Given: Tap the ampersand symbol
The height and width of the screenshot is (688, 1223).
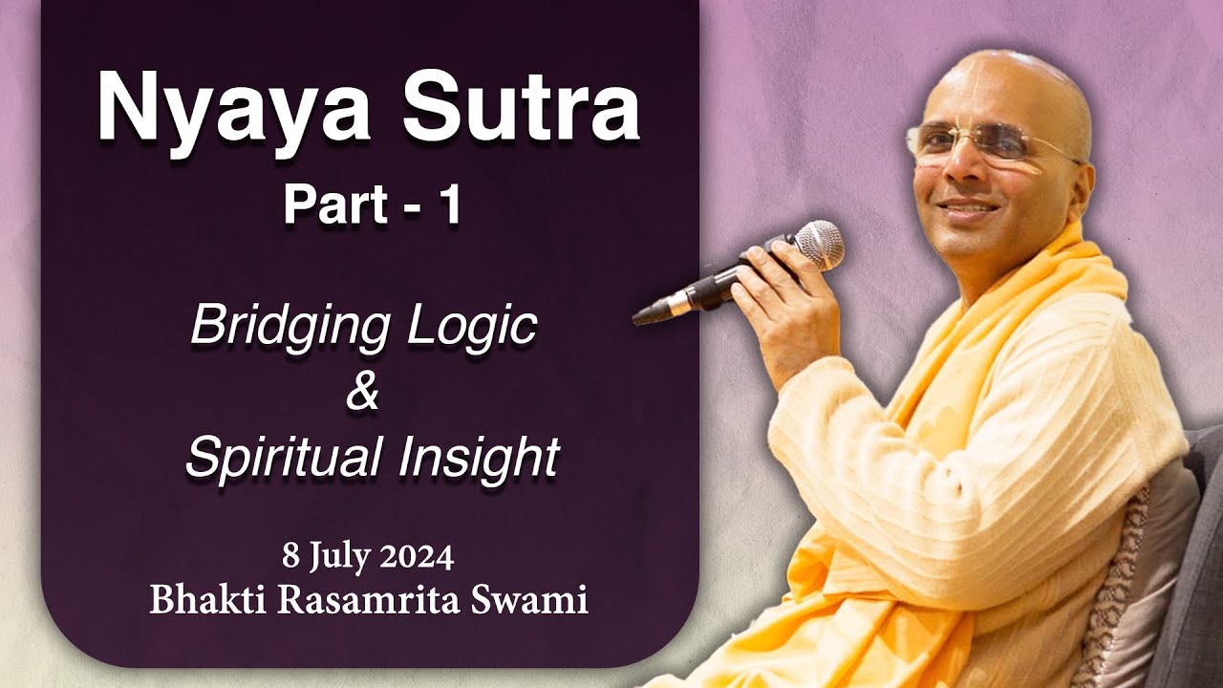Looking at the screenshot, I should click(363, 394).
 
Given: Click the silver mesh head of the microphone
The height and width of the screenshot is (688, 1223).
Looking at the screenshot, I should click(819, 243).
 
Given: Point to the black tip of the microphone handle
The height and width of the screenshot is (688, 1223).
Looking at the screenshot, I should click(646, 314).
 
